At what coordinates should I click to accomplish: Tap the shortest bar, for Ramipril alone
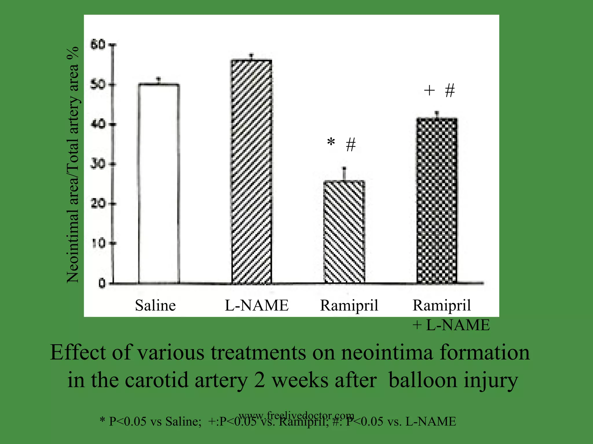(344, 232)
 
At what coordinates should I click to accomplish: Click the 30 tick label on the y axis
(98, 164)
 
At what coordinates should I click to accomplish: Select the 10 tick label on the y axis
(98, 243)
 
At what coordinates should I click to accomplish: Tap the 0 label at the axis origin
(102, 284)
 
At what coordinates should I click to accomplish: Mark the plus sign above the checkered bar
(429, 90)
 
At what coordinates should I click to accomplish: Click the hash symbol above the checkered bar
(450, 90)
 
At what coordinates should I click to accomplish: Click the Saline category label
(155, 305)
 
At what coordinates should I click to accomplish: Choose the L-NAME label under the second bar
(257, 305)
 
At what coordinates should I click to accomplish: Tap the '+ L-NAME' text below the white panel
(451, 325)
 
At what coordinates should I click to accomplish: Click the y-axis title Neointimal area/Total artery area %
(73, 165)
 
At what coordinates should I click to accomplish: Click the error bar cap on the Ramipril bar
(344, 168)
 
